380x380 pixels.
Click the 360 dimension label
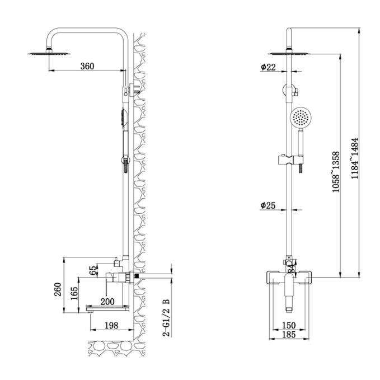(87, 66)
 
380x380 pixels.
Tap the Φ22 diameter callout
(268, 67)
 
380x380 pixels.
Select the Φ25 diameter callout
(268, 205)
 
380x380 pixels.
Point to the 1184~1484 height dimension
(355, 158)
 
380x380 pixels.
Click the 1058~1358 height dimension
(336, 172)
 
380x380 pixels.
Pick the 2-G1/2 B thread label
(167, 317)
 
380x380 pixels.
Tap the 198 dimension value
(111, 325)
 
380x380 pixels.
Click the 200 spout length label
(107, 302)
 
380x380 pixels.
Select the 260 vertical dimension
(58, 289)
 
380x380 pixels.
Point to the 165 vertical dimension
(74, 293)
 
